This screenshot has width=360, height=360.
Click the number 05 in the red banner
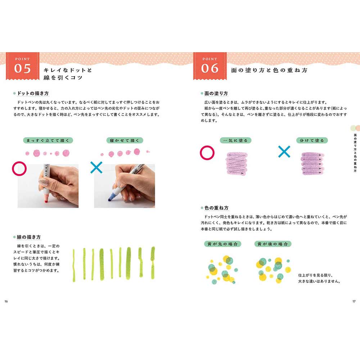tap(22, 68)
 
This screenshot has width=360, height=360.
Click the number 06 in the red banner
tap(210, 68)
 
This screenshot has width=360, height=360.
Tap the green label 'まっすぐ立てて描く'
tap(48, 140)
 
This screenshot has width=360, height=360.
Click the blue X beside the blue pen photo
tap(96, 167)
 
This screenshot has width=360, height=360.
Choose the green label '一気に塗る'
tap(236, 140)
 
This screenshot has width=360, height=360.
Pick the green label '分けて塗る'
tap(312, 140)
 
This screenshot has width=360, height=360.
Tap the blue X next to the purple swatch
tap(284, 152)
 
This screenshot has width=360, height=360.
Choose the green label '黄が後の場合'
tap(273, 244)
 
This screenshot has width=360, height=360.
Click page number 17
tap(354, 301)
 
